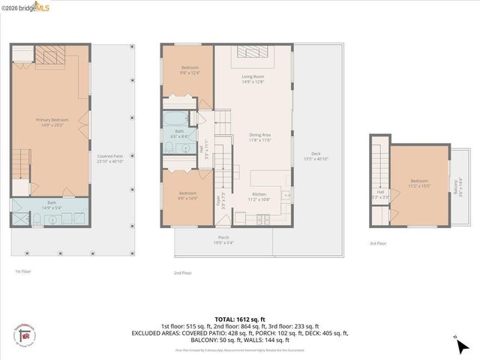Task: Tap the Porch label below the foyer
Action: [x=223, y=239]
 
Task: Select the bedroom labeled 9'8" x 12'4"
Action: [x=189, y=70]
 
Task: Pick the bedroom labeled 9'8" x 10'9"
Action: [x=188, y=196]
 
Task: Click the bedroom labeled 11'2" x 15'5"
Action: [x=418, y=182]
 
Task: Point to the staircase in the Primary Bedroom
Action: [x=19, y=160]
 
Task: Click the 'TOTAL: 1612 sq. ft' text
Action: [x=240, y=318]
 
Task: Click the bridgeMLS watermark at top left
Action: [x=27, y=6]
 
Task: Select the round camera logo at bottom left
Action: [x=25, y=337]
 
